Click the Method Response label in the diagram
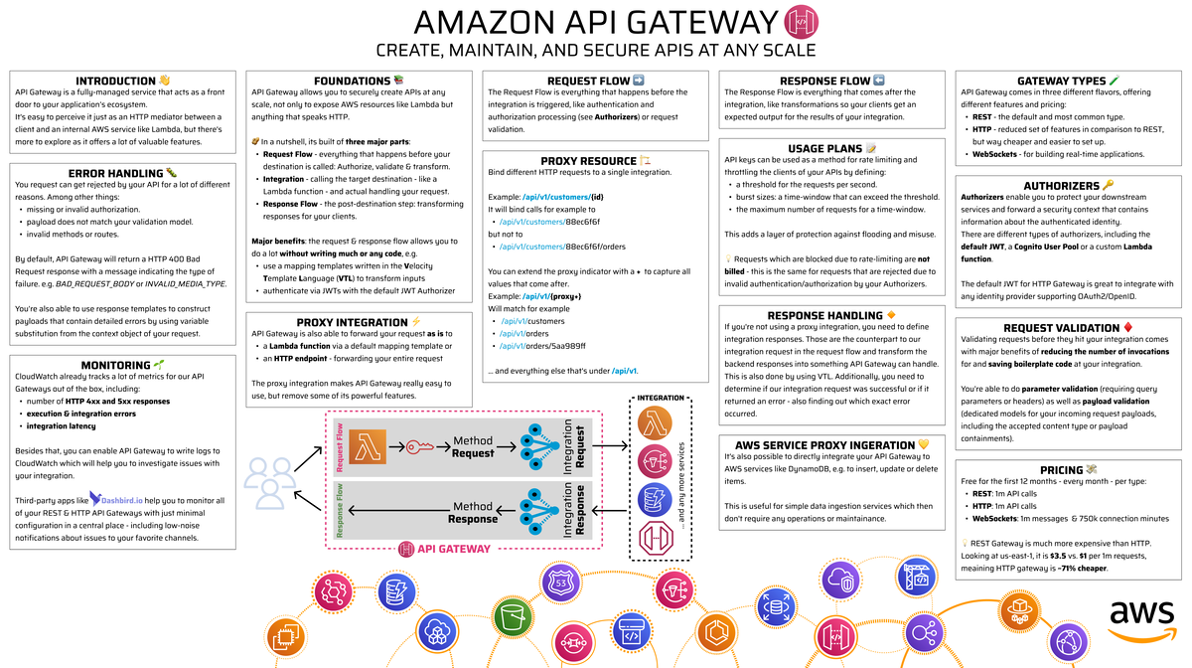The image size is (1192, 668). pos(473,511)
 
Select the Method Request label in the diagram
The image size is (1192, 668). pos(473,447)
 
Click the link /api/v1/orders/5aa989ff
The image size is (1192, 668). pos(543,347)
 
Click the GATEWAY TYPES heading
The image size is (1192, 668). pos(1061,81)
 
